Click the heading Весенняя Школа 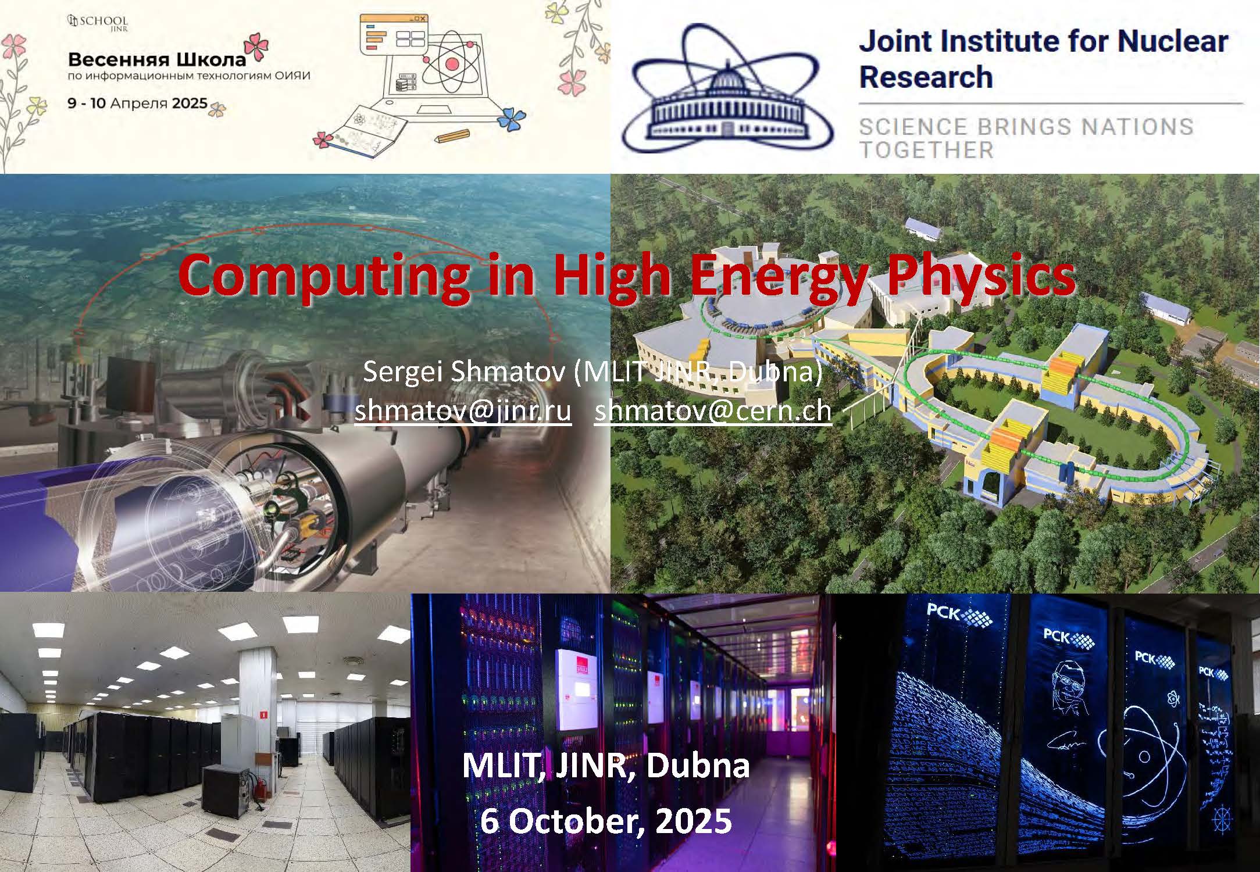pyautogui.click(x=157, y=59)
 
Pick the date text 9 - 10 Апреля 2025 pyautogui.click(x=138, y=103)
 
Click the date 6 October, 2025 pyautogui.click(x=605, y=821)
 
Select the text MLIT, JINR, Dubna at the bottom pyautogui.click(x=605, y=766)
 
